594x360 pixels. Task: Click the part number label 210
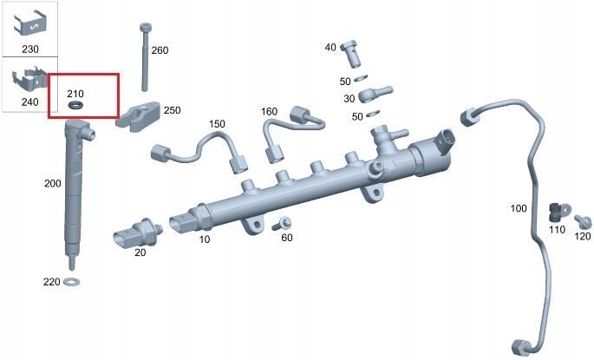coord(75,94)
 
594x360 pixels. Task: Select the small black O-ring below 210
coord(76,105)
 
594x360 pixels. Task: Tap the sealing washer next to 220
coord(71,282)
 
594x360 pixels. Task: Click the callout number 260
coord(160,50)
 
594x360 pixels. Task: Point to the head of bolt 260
coord(146,27)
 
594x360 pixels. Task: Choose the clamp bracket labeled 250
coord(138,116)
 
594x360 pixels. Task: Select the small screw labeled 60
coord(282,224)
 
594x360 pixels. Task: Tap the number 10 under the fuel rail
coord(205,239)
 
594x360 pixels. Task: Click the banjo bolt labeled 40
coord(351,54)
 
